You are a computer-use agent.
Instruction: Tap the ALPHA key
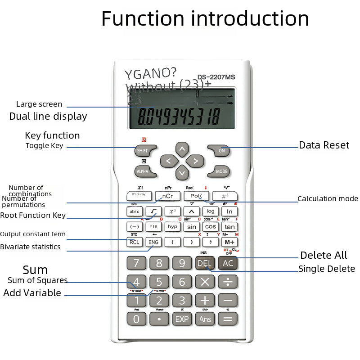142,171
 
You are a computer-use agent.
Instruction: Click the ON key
221,151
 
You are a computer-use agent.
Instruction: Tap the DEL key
204,263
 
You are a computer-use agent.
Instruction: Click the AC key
228,263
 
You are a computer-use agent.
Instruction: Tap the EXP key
182,319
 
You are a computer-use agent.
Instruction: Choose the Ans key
205,319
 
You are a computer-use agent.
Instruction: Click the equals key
228,319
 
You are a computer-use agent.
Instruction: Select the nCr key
167,196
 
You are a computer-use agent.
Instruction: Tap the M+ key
229,242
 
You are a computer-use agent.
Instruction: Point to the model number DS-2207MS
216,77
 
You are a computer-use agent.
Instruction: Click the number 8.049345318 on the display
179,117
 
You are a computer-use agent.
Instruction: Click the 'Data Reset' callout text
324,145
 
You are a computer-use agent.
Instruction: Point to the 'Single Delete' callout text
327,269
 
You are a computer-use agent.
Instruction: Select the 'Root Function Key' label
33,215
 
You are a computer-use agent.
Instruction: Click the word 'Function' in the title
143,19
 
